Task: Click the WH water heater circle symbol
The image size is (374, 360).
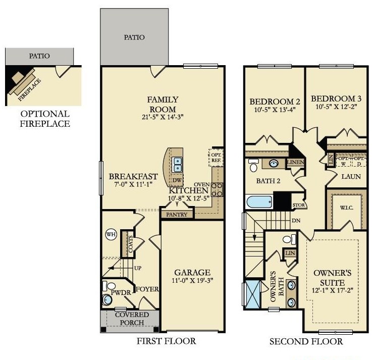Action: (111, 234)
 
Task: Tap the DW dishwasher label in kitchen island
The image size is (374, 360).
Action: (177, 180)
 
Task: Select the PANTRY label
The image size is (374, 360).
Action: (175, 215)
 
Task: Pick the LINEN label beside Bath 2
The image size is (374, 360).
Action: (295, 163)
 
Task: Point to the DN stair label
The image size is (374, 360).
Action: (296, 221)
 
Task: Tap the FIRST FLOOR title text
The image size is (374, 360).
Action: (166, 341)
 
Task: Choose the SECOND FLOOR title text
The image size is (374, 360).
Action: (306, 342)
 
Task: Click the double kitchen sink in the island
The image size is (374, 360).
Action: (177, 164)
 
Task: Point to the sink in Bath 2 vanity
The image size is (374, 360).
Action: (274, 163)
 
